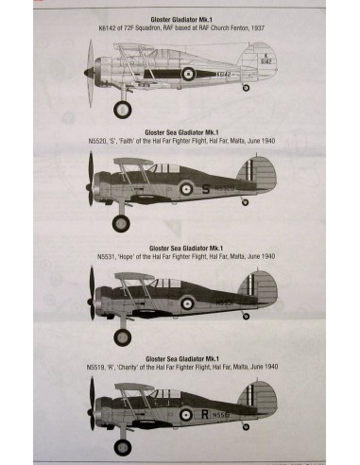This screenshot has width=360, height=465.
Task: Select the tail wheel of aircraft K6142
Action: (x=247, y=88)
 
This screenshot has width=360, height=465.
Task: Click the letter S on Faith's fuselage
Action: (x=206, y=188)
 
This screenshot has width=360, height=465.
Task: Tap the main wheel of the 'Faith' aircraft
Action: (x=120, y=223)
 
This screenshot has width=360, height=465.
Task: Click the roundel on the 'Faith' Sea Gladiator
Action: (x=187, y=188)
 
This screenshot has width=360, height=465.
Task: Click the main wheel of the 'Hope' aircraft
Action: (x=121, y=336)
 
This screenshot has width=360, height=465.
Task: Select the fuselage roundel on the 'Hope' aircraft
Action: (x=187, y=303)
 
